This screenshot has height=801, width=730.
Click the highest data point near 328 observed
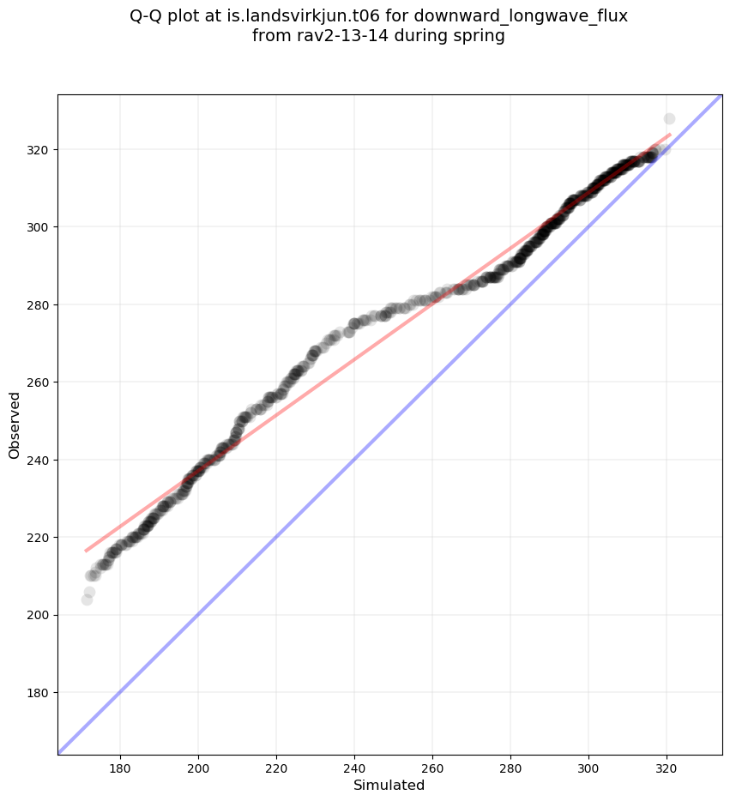(669, 118)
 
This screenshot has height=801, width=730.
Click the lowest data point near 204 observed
(87, 599)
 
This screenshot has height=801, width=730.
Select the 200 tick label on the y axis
(39, 615)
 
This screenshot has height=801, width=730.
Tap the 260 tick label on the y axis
(39, 382)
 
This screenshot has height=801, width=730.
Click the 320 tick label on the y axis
(39, 149)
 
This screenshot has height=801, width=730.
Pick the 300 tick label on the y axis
(39, 226)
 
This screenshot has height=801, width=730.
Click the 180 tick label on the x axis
(120, 768)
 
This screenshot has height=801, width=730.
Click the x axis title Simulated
(389, 785)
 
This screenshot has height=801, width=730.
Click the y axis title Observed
(15, 425)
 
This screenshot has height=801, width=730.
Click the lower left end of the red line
(86, 551)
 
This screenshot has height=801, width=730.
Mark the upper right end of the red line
(670, 135)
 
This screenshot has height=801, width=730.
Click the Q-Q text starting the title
(149, 16)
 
